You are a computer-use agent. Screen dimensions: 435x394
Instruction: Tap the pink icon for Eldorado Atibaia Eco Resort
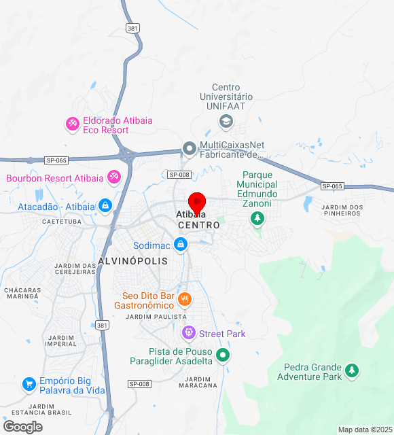coord(72,124)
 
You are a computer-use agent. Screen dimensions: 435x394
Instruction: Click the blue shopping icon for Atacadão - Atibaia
coord(105,205)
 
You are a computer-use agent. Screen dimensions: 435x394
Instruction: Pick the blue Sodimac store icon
coord(180,244)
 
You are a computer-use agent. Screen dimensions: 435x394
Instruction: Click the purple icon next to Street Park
coord(188,333)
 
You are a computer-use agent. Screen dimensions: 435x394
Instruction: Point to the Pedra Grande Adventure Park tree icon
coord(351,371)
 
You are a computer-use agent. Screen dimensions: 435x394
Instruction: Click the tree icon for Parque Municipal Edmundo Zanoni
coord(257,218)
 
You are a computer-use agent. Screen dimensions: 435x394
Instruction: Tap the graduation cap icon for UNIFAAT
coord(226,122)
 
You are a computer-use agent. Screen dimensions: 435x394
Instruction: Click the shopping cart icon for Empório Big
coord(29,385)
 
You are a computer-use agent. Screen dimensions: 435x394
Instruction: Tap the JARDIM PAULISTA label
coord(156,317)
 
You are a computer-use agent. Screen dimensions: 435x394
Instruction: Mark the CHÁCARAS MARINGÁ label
coord(23,294)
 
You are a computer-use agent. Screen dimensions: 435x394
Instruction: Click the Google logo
coord(22,427)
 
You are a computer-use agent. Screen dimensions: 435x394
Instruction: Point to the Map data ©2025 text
coord(365,430)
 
